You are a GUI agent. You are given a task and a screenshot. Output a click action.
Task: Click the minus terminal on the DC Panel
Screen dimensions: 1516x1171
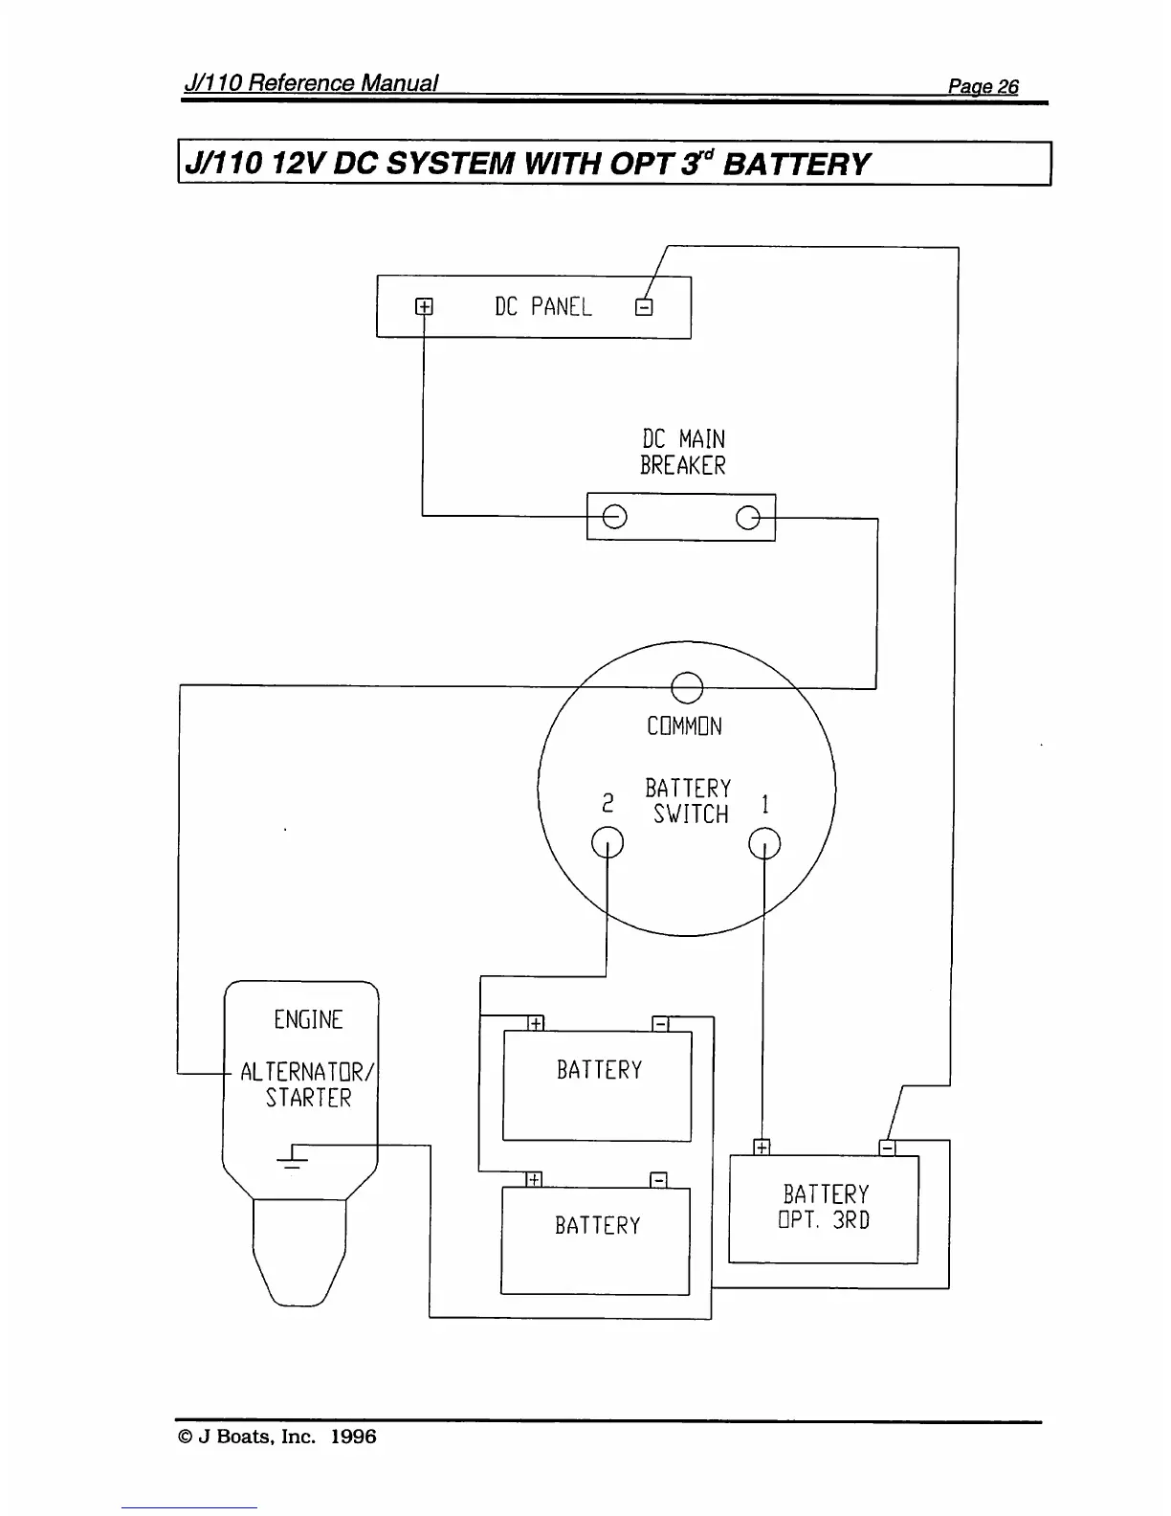tap(644, 307)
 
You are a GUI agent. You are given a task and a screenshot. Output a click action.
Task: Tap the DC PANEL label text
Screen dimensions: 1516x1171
tap(542, 307)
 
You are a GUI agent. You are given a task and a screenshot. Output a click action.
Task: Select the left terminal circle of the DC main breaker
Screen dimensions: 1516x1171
tap(614, 517)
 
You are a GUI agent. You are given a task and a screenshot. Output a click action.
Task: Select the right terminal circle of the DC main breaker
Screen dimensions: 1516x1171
tap(748, 518)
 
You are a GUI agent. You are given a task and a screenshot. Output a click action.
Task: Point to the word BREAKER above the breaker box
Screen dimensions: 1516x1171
tap(682, 466)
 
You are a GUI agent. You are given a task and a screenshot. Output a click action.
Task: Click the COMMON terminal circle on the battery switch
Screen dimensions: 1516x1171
tap(687, 686)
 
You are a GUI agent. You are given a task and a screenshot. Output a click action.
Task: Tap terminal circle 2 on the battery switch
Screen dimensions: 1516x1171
tap(608, 842)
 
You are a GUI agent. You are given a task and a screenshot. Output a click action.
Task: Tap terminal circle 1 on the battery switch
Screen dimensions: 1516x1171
tap(763, 842)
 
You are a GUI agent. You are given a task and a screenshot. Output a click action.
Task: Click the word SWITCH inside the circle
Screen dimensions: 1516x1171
tap(691, 814)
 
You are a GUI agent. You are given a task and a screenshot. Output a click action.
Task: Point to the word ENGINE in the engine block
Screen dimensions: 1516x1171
tap(308, 1020)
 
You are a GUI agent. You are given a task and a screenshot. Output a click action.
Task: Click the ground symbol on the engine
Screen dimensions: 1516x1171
tap(292, 1158)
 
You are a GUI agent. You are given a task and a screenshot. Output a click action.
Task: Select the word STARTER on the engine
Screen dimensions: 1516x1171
tap(308, 1098)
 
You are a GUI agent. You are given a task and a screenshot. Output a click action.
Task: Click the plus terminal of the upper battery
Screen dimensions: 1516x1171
tap(536, 1023)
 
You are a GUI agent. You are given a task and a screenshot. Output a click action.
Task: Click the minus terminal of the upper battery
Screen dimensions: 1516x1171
tap(660, 1023)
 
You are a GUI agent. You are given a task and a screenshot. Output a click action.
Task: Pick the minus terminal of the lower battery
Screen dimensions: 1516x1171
tap(658, 1179)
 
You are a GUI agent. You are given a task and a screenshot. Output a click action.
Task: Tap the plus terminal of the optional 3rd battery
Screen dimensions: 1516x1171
tap(762, 1147)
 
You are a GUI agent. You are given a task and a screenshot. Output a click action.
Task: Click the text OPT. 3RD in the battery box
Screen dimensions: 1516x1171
tap(824, 1221)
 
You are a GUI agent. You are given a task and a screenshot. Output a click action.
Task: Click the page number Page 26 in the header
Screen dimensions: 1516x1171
tap(983, 87)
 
